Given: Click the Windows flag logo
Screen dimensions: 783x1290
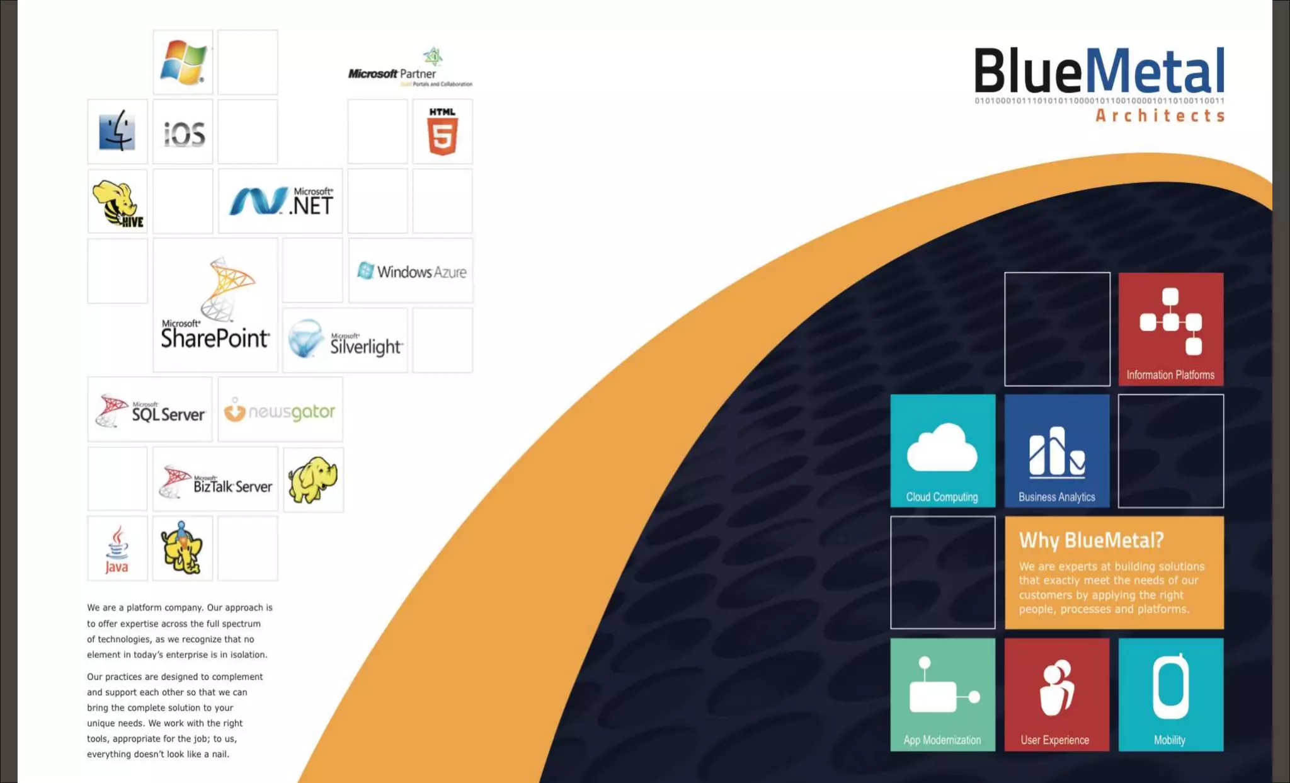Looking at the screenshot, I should point(183,62).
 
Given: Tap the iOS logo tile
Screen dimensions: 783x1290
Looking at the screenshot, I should point(183,133).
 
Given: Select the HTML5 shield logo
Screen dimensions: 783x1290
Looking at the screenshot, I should point(442,132).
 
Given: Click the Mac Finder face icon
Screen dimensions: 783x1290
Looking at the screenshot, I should point(117,131).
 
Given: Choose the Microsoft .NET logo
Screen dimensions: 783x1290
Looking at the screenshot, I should point(280,202).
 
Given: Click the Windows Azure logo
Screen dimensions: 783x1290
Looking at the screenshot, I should point(411,271).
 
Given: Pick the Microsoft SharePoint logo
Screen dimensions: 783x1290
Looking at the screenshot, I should point(215,306).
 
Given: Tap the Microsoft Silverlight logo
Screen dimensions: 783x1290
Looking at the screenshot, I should point(345,340).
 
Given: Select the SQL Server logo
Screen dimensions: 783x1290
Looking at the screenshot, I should point(150,410).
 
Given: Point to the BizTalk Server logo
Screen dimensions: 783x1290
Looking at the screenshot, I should point(215,481).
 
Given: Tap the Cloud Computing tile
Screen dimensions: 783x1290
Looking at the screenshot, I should point(942,451).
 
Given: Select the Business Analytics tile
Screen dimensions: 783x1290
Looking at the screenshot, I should point(1057,451).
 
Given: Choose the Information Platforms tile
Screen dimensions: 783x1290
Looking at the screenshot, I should point(1171,329).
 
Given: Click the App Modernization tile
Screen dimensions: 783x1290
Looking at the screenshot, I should point(942,695).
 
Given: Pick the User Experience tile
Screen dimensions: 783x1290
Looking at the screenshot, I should point(1057,695).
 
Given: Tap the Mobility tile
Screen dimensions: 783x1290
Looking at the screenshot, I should point(1171,695).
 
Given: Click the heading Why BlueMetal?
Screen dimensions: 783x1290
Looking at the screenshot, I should point(1091,540).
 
